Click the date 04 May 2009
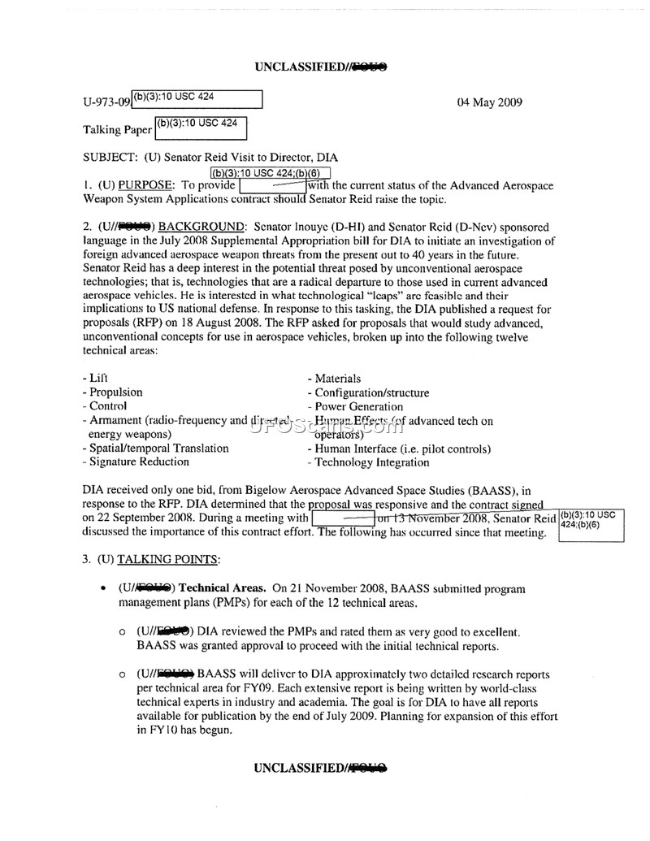[490, 102]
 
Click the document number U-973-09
[106, 103]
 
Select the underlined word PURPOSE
[149, 185]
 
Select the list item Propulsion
[115, 392]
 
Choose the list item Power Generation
[358, 406]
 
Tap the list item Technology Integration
[371, 462]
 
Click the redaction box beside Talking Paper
[201, 128]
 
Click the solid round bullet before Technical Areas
[102, 588]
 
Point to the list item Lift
[97, 379]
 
